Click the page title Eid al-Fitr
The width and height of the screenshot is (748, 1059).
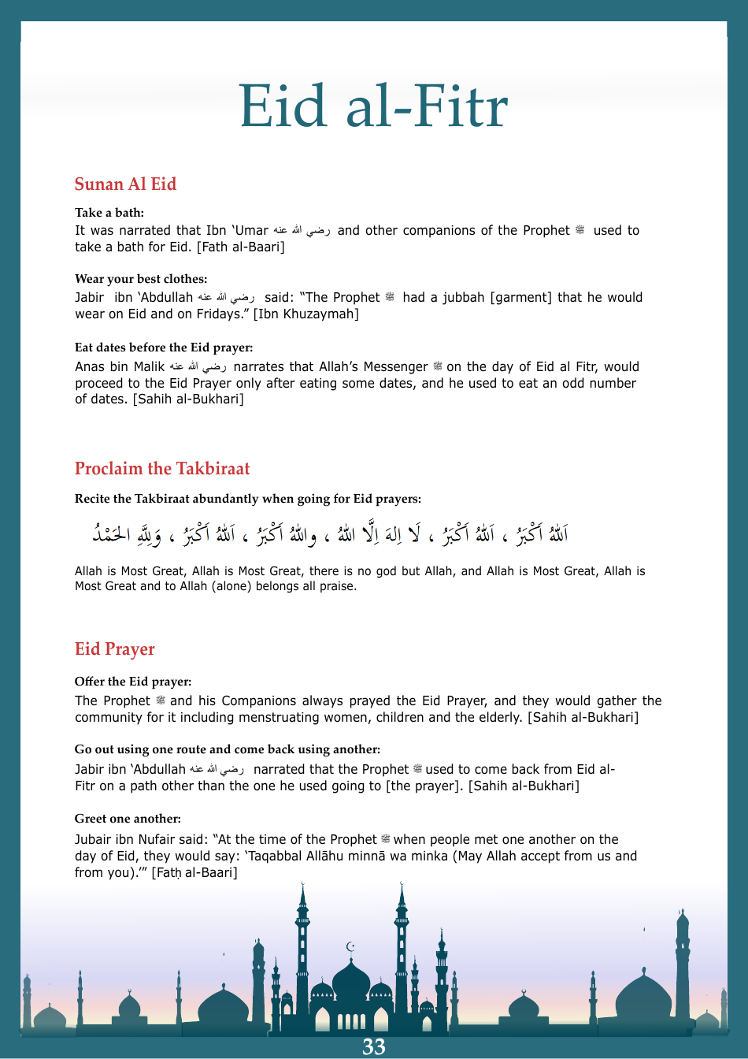(373, 106)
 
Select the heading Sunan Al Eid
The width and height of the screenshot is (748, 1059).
(125, 184)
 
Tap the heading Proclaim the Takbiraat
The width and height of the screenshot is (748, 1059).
(162, 469)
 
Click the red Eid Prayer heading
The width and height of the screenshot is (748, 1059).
(115, 649)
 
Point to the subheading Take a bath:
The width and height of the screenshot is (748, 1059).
(109, 213)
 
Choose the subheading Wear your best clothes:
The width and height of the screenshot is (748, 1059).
(141, 279)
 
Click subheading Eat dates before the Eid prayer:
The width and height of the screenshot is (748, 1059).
(164, 347)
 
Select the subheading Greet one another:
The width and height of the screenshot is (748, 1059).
(128, 819)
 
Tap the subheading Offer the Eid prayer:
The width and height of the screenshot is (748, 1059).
(133, 682)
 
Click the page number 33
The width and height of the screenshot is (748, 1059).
(373, 1046)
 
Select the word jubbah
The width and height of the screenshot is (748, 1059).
(463, 298)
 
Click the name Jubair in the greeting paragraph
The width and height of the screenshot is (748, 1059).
(94, 840)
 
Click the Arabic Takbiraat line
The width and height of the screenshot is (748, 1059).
(331, 535)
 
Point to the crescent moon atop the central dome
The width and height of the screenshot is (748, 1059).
(351, 946)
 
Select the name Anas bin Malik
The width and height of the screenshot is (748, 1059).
(120, 367)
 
